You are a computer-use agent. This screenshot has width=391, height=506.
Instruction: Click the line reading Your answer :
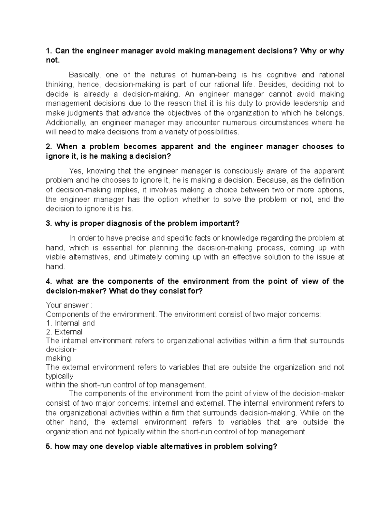pyautogui.click(x=69, y=305)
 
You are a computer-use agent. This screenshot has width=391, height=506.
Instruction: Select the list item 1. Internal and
pyautogui.click(x=70, y=323)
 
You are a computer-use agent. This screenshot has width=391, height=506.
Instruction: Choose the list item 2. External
pyautogui.click(x=64, y=332)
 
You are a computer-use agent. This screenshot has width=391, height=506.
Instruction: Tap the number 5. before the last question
pyautogui.click(x=49, y=446)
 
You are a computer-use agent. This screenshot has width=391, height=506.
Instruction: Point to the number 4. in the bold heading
pyautogui.click(x=49, y=282)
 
